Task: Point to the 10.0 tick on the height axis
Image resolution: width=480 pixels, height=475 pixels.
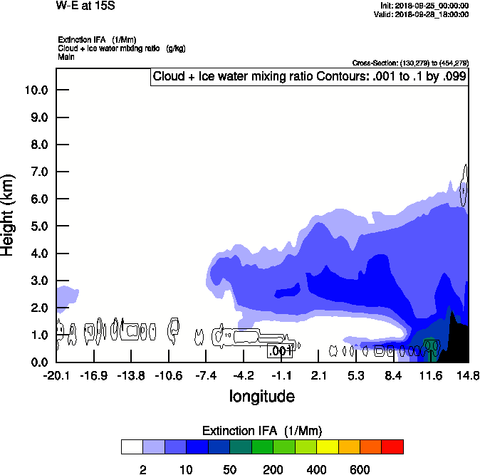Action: (x=36, y=90)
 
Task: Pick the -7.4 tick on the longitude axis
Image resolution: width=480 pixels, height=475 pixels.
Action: (x=207, y=375)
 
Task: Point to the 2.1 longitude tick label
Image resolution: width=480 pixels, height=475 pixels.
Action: (x=319, y=375)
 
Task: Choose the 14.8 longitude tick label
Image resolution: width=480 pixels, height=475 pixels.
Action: (x=468, y=375)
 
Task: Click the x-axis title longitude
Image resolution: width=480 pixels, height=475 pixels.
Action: (x=261, y=396)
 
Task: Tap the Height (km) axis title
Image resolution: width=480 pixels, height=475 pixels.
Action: (x=9, y=214)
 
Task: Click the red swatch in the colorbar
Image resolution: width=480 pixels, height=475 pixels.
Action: (x=392, y=447)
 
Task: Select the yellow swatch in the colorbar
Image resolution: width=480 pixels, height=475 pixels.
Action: (x=326, y=447)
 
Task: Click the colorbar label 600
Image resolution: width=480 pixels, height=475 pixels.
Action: (x=360, y=470)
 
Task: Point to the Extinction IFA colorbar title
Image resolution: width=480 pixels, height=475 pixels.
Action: (x=262, y=431)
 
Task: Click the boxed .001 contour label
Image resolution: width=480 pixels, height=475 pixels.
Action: (x=280, y=350)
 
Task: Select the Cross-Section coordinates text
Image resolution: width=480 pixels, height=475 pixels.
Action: (x=411, y=63)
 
